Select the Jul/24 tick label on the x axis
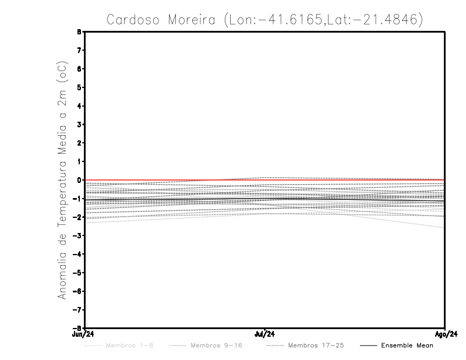point(265,334)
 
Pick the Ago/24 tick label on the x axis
point(445,334)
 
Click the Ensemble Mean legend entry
point(407,345)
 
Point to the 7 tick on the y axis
point(80,50)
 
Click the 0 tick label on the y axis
point(80,180)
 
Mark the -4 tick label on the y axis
point(78,254)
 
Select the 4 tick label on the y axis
point(80,106)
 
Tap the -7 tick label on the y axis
point(78,309)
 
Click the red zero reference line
point(175,180)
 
